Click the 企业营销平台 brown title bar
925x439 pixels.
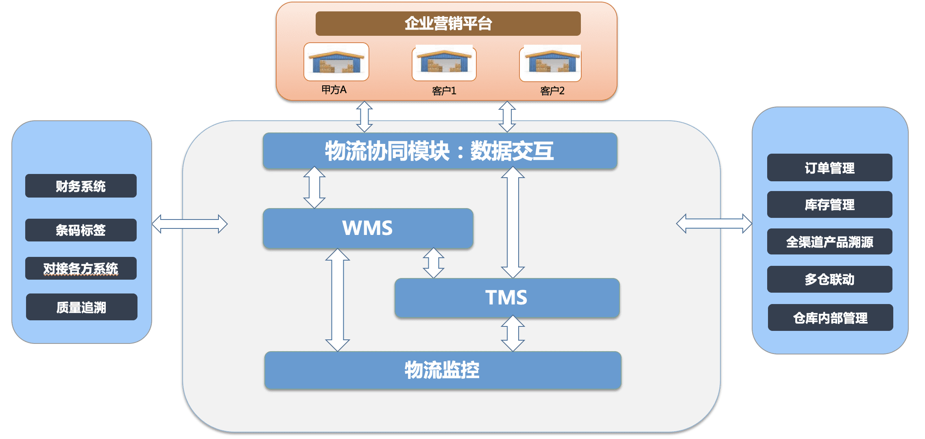[x=448, y=24]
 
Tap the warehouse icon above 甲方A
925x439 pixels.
[x=336, y=62]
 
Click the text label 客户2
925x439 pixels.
[x=552, y=91]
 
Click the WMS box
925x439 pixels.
[x=368, y=228]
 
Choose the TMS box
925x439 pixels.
[x=506, y=298]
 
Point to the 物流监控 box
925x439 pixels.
[x=442, y=370]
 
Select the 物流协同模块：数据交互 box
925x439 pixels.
[x=439, y=151]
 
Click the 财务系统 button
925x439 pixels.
[x=81, y=186]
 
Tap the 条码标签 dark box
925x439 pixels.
[x=81, y=230]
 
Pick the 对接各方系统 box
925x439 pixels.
[x=81, y=268]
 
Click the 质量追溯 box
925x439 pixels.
[x=81, y=307]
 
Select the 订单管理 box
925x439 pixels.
[x=829, y=167]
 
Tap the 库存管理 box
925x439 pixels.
[x=829, y=204]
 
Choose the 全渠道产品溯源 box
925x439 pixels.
[x=829, y=242]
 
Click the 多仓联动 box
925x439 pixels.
[x=829, y=279]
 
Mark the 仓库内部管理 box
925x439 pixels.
[x=830, y=317]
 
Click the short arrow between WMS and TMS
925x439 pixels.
[x=433, y=263]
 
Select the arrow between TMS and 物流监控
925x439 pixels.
[x=513, y=333]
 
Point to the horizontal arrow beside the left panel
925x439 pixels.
[x=190, y=224]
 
